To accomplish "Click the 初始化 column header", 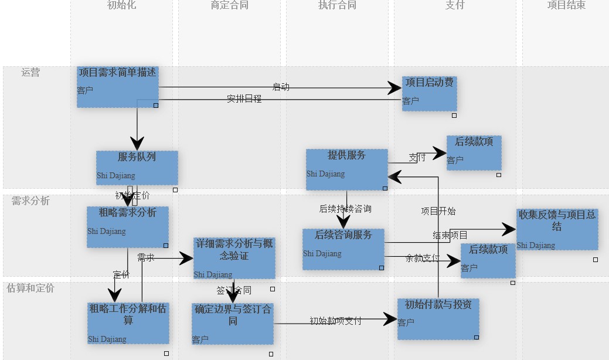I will tap(122, 5).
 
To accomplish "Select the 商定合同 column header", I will tap(230, 5).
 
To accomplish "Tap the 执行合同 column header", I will tap(337, 5).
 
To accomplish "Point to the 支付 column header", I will tap(455, 5).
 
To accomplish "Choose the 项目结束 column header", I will tap(566, 5).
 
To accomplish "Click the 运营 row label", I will tap(30, 73).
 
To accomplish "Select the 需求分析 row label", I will tap(30, 201).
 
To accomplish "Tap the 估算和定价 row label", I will tap(30, 288).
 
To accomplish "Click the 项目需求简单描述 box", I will tap(118, 87).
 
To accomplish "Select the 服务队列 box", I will tap(137, 168).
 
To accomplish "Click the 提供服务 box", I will tap(346, 169).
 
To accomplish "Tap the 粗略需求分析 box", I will tap(128, 226).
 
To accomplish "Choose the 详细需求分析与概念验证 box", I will tap(234, 258).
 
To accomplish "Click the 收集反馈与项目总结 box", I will tap(557, 229).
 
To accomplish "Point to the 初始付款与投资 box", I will tap(438, 319).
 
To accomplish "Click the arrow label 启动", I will tap(281, 87).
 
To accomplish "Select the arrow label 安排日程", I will tap(244, 99).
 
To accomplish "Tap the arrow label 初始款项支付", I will tap(335, 321).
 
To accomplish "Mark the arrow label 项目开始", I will tap(438, 211).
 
